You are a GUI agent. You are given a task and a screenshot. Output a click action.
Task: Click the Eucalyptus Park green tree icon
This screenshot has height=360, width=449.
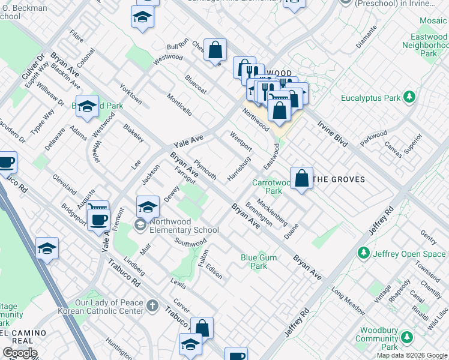(x=409, y=97)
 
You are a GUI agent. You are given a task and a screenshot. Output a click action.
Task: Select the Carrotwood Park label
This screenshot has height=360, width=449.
(x=267, y=187)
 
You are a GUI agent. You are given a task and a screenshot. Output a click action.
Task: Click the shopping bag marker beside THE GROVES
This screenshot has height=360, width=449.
(x=302, y=178)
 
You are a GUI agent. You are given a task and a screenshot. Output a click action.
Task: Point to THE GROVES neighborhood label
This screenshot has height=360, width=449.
(x=340, y=179)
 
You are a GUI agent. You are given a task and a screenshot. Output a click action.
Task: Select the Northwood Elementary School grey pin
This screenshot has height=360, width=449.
(x=140, y=225)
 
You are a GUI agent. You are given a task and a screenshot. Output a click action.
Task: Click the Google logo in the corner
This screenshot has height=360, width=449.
(x=20, y=352)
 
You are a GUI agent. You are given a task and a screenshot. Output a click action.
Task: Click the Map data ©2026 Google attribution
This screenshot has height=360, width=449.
(x=411, y=355)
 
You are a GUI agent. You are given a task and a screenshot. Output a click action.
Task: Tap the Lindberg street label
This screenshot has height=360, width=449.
(x=134, y=267)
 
